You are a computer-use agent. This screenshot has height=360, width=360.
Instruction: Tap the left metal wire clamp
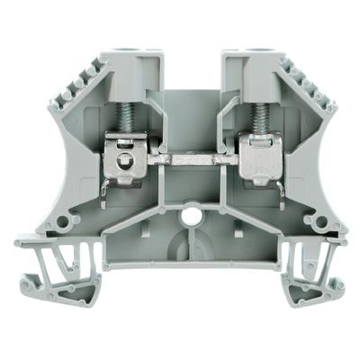pos(126,157)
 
